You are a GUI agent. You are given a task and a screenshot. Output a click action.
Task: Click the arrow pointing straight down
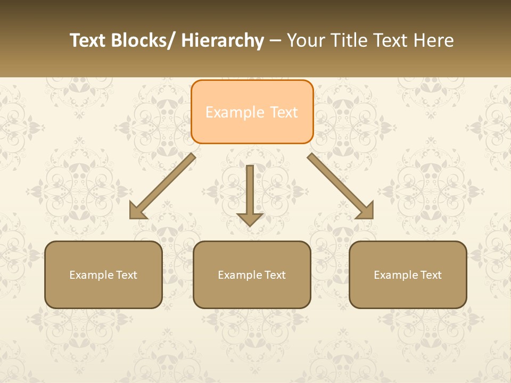point(250,191)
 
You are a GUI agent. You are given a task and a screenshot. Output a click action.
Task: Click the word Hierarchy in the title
point(222,40)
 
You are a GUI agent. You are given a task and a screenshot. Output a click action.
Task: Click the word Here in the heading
point(432,40)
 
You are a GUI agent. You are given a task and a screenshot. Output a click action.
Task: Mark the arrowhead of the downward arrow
point(250,219)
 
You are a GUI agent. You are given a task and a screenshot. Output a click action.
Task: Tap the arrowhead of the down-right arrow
point(366,211)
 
